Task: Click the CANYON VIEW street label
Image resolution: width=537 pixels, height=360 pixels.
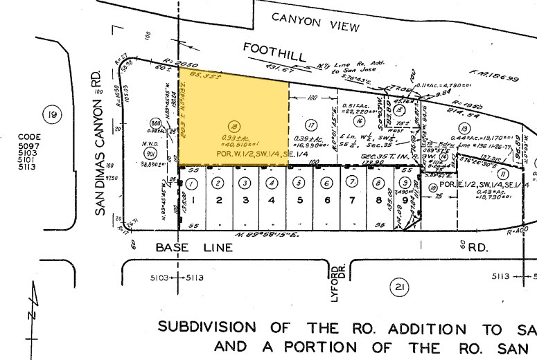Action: [x=315, y=23]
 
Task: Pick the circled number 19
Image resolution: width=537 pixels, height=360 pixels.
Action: [x=49, y=114]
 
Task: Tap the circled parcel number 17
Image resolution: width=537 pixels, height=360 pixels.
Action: [x=311, y=125]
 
